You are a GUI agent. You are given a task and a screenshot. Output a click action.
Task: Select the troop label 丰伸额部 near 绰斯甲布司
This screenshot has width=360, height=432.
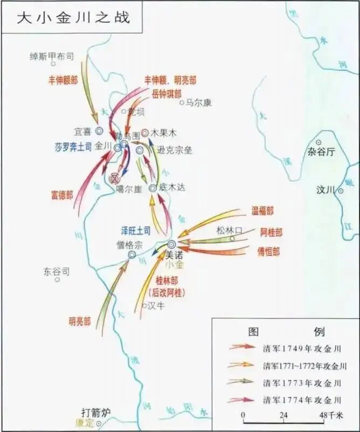click(63, 79)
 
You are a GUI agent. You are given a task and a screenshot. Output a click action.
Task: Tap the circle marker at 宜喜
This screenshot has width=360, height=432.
click(99, 131)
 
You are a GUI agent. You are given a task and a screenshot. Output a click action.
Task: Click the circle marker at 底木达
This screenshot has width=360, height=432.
click(153, 188)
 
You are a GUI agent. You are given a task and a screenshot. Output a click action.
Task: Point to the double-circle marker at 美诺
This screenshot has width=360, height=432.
click(172, 244)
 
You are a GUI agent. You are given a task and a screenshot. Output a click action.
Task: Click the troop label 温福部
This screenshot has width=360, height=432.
click(262, 211)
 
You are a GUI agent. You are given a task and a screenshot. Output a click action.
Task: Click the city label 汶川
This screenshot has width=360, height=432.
click(326, 190)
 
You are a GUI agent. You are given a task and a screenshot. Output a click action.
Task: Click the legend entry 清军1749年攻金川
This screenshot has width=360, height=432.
click(302, 348)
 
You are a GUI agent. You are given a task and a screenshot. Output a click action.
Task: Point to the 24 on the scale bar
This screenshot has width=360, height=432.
click(283, 415)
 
